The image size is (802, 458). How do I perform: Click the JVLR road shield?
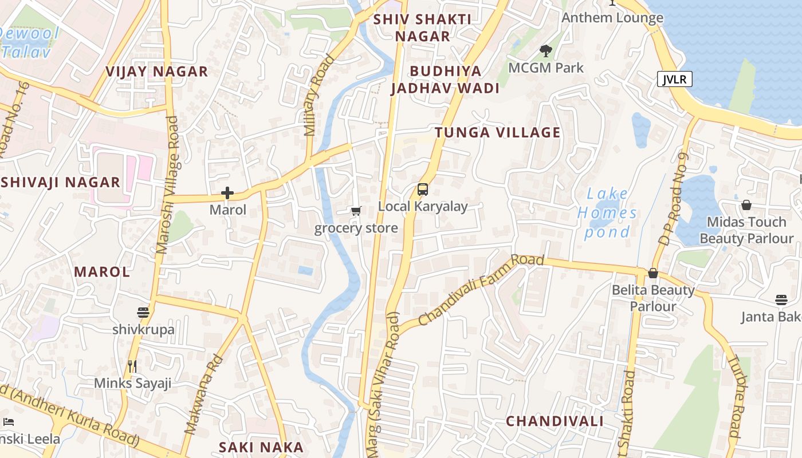674,79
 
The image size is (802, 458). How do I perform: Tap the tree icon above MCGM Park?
546,51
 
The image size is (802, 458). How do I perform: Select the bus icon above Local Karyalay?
423,189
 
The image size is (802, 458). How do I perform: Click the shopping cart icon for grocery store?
356,211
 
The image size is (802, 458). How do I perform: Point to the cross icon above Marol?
227,193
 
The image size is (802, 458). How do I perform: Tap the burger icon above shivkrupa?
143,313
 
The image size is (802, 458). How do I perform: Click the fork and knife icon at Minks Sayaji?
132,366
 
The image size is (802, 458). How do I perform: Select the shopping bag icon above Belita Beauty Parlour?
653,273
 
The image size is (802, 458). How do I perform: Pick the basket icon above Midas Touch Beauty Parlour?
746,205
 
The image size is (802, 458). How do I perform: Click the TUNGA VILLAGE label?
497,133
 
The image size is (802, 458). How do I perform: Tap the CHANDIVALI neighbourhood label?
555,421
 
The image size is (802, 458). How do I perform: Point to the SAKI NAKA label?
261,447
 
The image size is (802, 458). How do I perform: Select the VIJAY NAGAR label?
156,72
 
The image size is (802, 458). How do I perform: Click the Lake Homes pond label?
607,213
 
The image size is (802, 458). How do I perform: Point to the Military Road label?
319,95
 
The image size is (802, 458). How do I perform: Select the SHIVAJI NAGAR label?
60,183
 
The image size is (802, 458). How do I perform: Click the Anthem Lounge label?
612,18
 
